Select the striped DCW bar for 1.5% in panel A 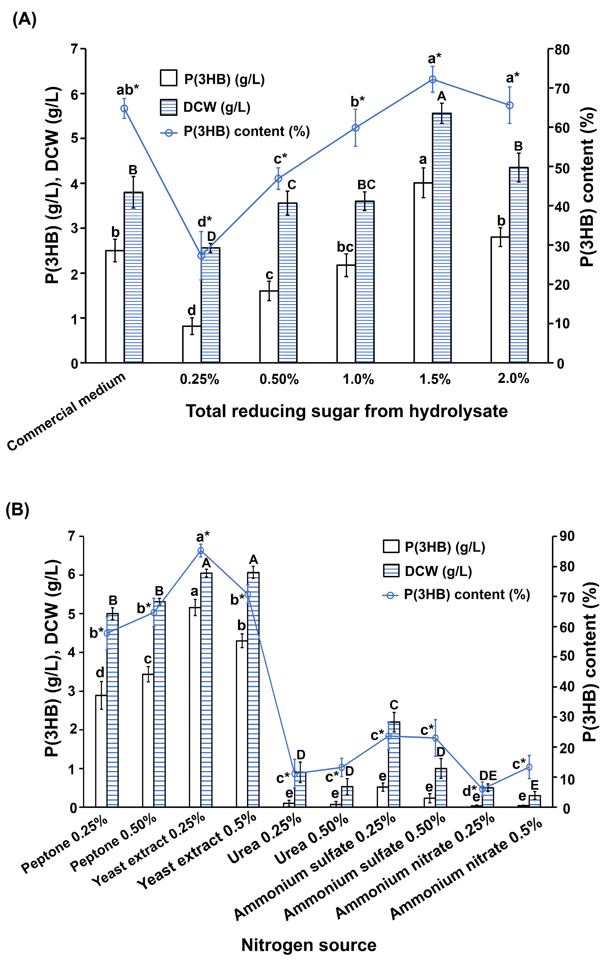click(x=441, y=239)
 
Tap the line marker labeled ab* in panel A click(x=124, y=109)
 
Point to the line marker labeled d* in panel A click(x=201, y=256)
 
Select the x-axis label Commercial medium click(x=67, y=412)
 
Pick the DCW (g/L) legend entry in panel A click(x=206, y=107)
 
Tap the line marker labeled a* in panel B click(x=201, y=551)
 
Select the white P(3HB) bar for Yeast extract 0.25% click(x=195, y=706)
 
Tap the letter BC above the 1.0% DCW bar click(x=366, y=185)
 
